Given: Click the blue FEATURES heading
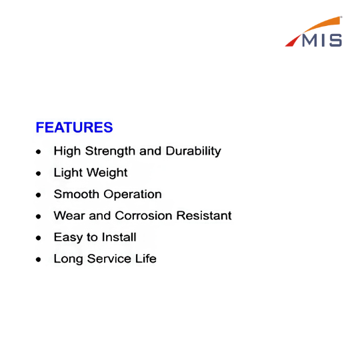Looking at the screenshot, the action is point(74,127).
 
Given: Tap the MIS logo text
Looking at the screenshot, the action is point(322,41).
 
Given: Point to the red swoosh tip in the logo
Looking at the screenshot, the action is point(286,46).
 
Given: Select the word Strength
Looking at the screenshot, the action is point(110,151).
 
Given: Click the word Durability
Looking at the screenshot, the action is point(193,151).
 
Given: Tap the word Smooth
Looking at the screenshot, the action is point(76,194).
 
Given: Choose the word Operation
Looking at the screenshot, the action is point(133,195).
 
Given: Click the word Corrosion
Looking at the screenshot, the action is point(143,216).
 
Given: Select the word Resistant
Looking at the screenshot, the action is point(204,216).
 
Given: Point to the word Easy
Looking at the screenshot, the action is point(68,237).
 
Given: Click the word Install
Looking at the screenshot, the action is point(119,237).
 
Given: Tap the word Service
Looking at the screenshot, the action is point(109,259).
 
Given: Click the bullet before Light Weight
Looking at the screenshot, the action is point(39,173).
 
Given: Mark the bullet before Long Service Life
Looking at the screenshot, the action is point(39,259).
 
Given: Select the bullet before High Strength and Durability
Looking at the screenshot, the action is point(39,151).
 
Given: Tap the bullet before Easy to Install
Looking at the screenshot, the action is point(39,238).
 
